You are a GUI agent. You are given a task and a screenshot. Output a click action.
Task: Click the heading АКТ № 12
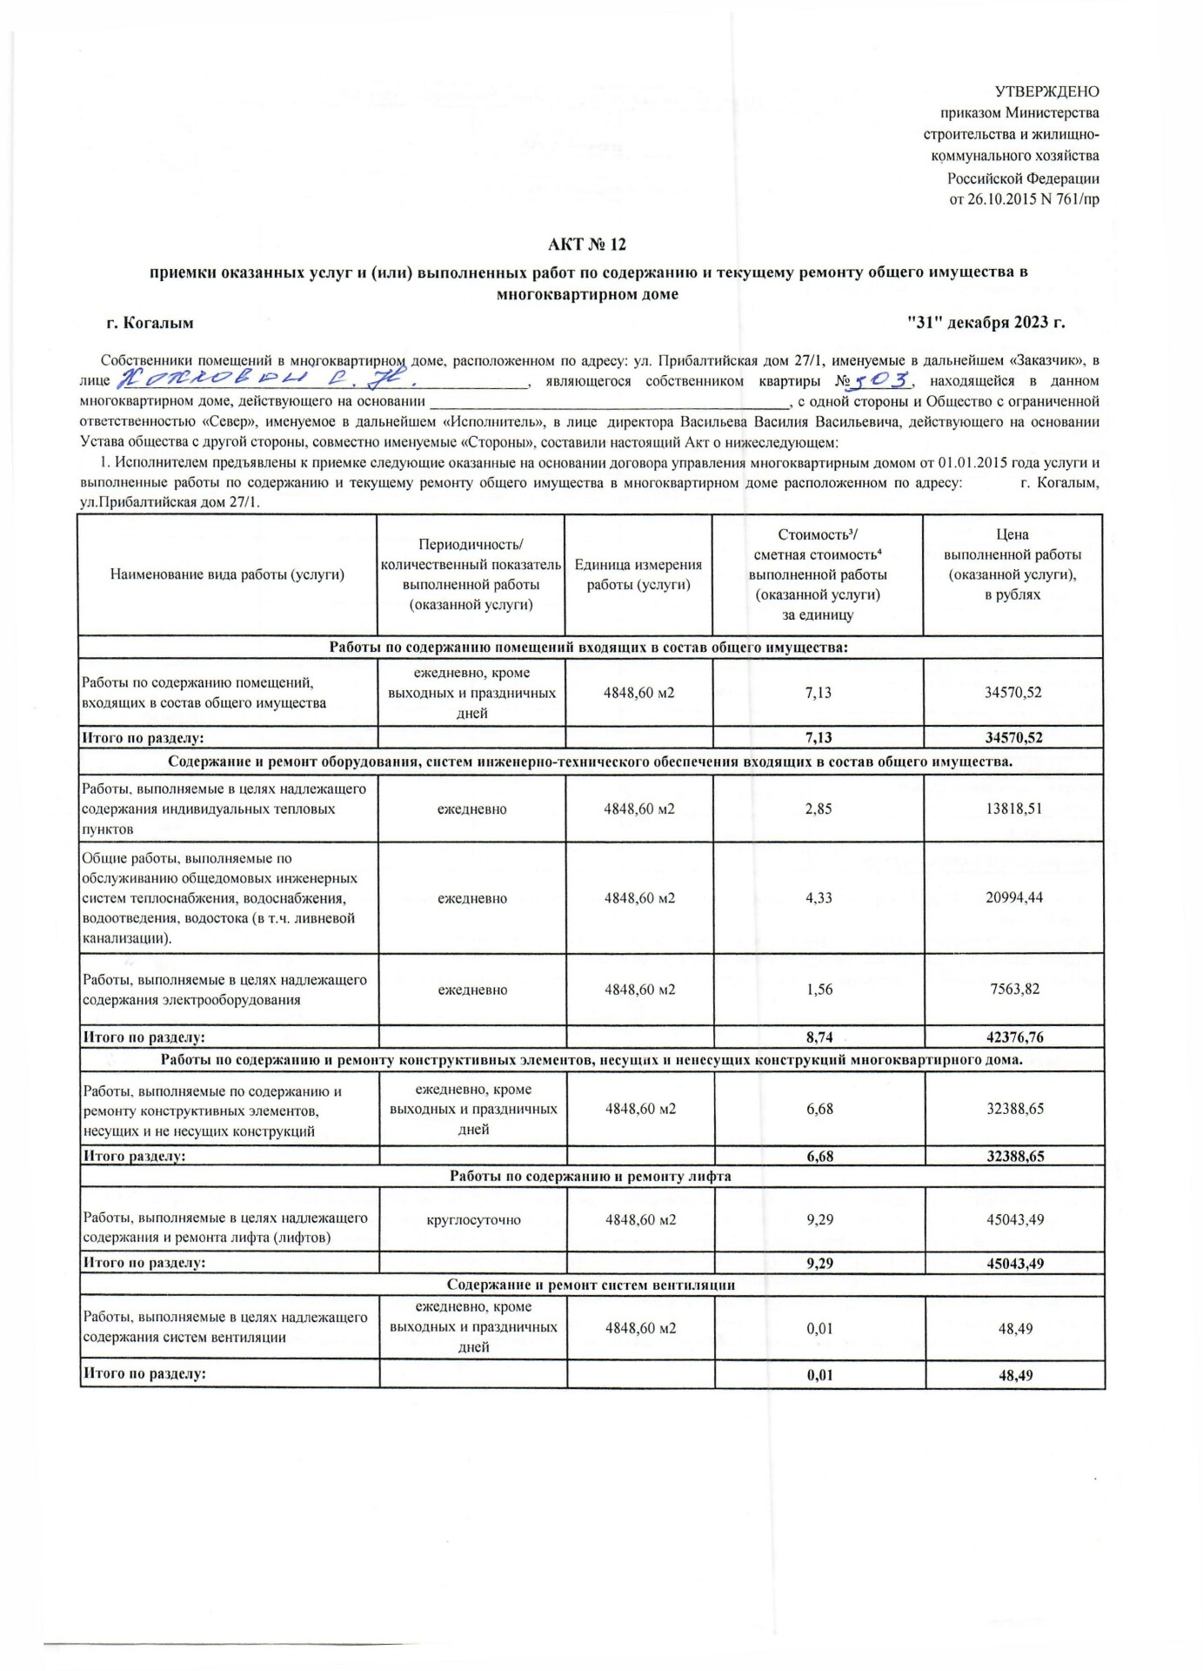(587, 245)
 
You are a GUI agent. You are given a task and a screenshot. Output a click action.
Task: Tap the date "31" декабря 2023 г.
(986, 323)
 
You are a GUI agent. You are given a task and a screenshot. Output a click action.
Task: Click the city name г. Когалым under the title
(150, 323)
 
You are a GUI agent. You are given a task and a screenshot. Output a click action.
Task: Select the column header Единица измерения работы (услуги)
(638, 574)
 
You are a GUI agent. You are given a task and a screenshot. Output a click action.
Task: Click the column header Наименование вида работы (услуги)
(228, 574)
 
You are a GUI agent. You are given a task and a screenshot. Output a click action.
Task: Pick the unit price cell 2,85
(819, 809)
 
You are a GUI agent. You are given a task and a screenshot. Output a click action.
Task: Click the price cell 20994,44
(1014, 897)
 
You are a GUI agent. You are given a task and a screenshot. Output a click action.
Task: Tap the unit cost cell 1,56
(819, 990)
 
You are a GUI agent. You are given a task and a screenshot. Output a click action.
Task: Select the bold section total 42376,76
(1014, 1037)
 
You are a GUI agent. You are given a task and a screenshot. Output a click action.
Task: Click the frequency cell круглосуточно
(473, 1219)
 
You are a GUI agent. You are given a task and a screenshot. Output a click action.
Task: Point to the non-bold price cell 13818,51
(1014, 809)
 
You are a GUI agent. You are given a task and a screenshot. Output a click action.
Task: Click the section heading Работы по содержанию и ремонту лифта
(591, 1176)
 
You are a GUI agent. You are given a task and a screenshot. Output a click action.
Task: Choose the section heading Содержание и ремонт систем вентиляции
(591, 1285)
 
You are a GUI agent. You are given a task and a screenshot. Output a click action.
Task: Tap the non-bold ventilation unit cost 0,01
(819, 1329)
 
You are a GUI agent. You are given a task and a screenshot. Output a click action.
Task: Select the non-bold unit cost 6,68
(819, 1109)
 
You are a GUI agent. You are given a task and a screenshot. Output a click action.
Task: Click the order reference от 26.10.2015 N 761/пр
(1024, 199)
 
